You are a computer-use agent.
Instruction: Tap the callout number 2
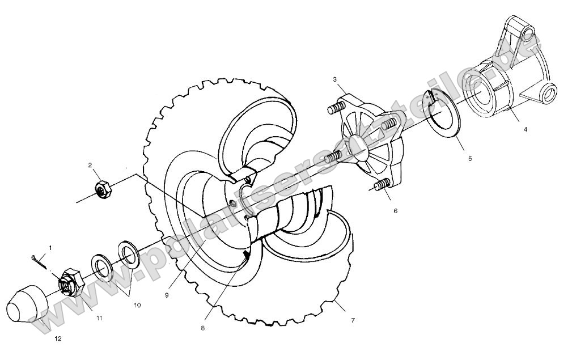point(90,165)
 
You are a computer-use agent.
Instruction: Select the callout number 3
point(335,79)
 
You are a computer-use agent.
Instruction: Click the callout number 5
point(469,159)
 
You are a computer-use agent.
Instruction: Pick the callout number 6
point(395,210)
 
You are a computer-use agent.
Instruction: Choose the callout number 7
point(353,320)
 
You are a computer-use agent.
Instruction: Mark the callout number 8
point(202,328)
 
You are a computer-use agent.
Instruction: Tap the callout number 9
point(168,279)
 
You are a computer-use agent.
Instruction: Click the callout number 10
point(137,305)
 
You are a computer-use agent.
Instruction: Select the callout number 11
point(99,319)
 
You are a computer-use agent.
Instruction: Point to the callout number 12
point(58,338)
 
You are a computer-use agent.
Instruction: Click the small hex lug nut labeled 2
point(103,188)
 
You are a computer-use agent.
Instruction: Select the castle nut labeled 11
point(70,282)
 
